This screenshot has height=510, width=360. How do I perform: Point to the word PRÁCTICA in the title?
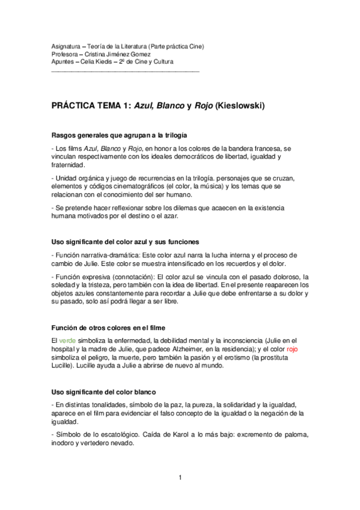click(x=76, y=106)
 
